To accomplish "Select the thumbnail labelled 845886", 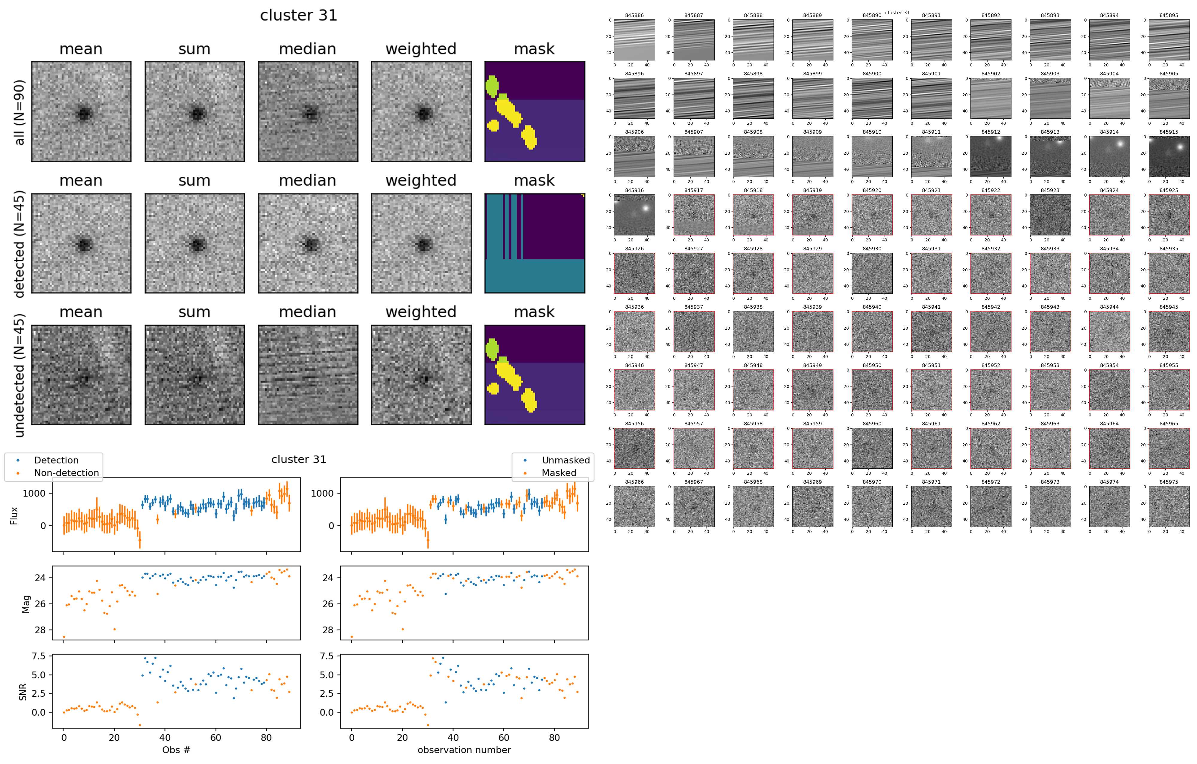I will click(x=634, y=40).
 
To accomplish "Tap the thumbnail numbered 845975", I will click(x=1169, y=507).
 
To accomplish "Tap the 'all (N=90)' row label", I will click(x=19, y=112).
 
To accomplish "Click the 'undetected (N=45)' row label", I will click(x=19, y=375).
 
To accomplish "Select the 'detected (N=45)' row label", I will click(x=19, y=244).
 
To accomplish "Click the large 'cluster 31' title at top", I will click(x=299, y=15).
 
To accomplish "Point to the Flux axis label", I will click(x=14, y=515).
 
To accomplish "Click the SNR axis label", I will click(x=23, y=692).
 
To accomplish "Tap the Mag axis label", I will click(x=26, y=604).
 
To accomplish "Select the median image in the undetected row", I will click(x=308, y=375).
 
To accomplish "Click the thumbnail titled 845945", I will click(x=1169, y=331).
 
